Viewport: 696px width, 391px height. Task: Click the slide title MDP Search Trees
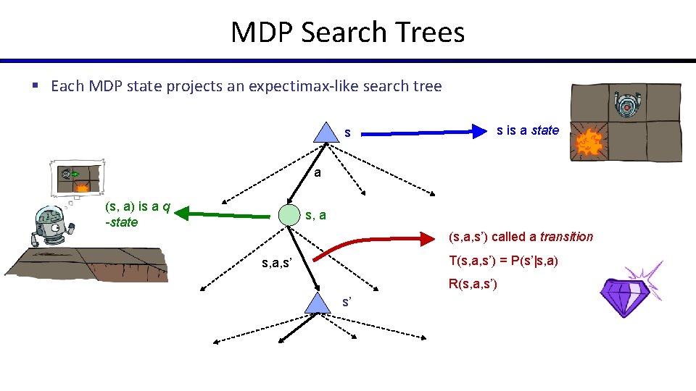(347, 33)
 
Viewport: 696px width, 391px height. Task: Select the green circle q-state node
(289, 215)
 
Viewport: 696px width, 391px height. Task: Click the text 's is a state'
(527, 130)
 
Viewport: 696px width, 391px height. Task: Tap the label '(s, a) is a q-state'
(137, 215)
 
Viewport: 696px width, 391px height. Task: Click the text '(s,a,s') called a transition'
(521, 237)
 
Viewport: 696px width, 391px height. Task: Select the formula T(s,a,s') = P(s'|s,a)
(502, 261)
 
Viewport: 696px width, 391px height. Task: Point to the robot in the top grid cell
(627, 105)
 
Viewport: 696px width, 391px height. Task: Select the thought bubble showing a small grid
(78, 178)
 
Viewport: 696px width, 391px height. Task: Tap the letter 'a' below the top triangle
(317, 174)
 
